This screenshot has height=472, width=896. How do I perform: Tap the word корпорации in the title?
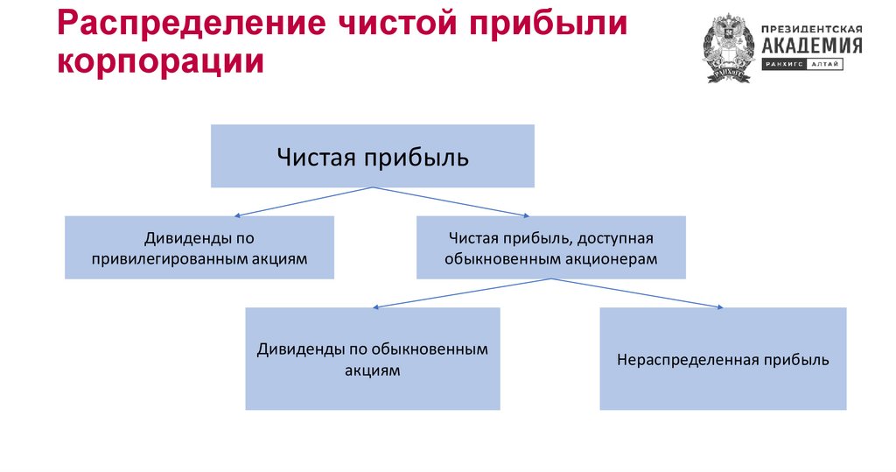161,62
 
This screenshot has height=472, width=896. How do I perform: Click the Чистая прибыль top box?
373,156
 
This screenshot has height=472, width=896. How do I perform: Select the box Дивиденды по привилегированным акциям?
199,248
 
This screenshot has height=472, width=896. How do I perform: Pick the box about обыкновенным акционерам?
550,248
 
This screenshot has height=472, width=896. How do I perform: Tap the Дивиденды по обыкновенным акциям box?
373,358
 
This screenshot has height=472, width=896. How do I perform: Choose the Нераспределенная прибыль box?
723,358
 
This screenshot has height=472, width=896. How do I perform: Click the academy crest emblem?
728,48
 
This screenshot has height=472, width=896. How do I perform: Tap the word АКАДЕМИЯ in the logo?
811,46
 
